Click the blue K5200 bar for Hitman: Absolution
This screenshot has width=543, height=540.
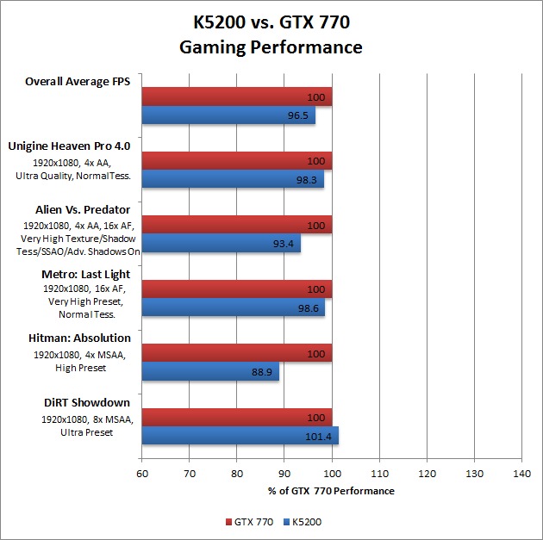(210, 371)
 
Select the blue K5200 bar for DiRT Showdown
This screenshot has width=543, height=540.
(240, 436)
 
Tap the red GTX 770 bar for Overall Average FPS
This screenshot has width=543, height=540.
(236, 96)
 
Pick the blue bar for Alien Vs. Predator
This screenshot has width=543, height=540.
(221, 244)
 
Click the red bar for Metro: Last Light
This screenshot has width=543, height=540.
(236, 289)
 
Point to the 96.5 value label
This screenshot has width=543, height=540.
(299, 115)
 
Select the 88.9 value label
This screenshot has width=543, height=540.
(263, 371)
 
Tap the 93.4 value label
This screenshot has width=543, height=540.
(284, 244)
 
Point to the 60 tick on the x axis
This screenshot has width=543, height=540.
(142, 474)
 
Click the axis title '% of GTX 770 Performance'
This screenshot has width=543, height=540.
(331, 491)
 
